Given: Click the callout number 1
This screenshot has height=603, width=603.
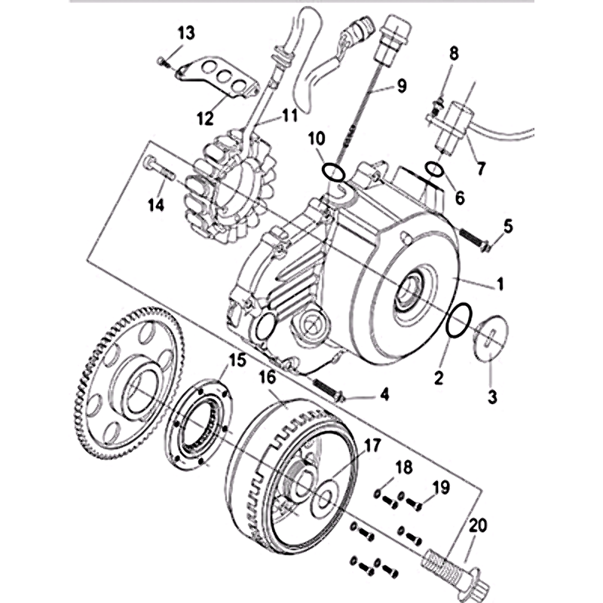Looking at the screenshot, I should pos(499,286).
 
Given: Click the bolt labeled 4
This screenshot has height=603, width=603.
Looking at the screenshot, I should pos(328,390).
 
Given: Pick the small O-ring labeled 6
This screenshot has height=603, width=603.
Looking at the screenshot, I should pos(435,170).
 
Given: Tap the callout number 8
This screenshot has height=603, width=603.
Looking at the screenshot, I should pos(453,54).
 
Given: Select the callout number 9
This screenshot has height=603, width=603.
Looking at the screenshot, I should pos(399,86).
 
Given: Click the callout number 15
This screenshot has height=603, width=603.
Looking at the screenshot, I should pos(237,361).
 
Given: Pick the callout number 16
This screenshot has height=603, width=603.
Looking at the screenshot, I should pos(269,377).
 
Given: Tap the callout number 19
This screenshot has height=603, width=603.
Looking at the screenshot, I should pos(441,488).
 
